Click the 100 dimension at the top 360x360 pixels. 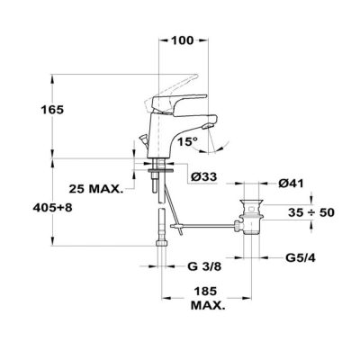point(183,40)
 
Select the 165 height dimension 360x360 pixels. point(52,110)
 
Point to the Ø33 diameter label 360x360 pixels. point(204,177)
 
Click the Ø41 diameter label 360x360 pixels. point(291,184)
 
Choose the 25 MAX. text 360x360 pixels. point(96,189)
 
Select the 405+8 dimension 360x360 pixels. point(52,208)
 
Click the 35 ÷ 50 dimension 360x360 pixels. point(311,213)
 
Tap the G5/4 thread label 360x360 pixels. point(301,257)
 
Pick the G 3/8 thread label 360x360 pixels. point(204,266)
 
